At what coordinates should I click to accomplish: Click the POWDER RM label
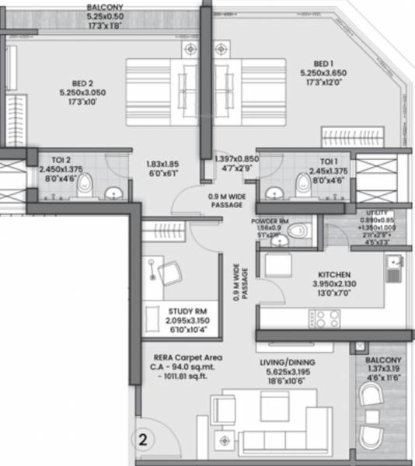pos(270,221)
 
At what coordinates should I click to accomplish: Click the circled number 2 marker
pos(143,437)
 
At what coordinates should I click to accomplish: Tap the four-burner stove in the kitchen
pos(325,319)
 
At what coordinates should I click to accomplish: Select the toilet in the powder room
pos(296,231)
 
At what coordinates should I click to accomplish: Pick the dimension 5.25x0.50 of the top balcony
pos(103,14)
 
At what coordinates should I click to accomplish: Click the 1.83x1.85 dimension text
pos(162,164)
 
